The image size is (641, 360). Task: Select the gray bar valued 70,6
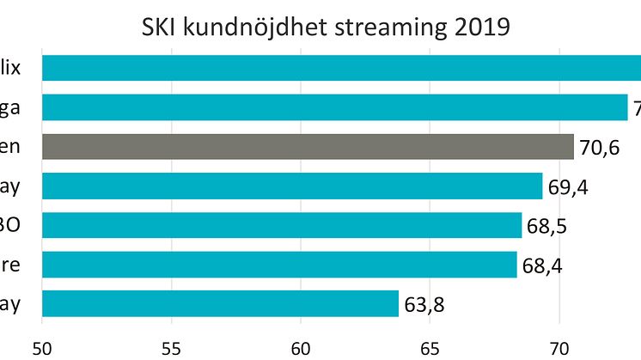pos(308,146)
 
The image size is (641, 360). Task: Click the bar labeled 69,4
pos(292,186)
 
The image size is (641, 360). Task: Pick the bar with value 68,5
pos(282,225)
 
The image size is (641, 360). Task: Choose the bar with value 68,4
pos(279,265)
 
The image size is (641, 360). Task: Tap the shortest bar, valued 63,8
pos(220,303)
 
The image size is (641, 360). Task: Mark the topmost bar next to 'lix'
pos(341,68)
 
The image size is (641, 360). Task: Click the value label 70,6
pos(600,148)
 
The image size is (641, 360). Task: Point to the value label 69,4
pos(569,187)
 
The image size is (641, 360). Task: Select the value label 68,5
pos(547,227)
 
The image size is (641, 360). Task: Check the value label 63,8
pos(424,305)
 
